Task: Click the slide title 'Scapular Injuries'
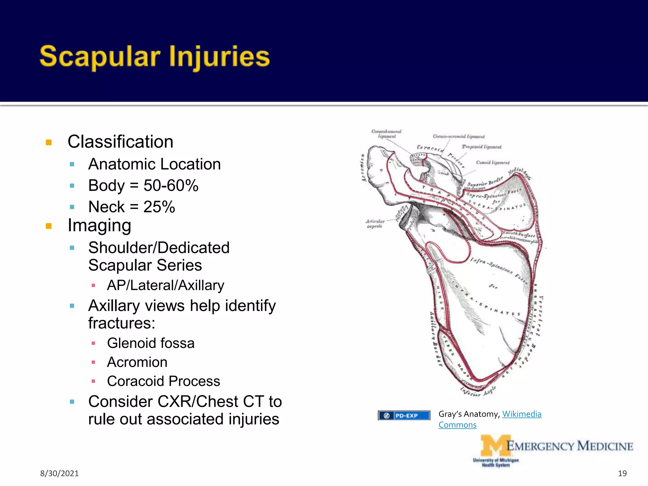[x=154, y=57]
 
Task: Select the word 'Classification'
[x=120, y=141]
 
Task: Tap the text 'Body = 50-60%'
[x=143, y=185]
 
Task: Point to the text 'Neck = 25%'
[x=131, y=207]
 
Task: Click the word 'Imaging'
[x=99, y=226]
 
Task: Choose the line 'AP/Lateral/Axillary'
[x=165, y=285]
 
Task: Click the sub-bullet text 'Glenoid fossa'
[x=151, y=343]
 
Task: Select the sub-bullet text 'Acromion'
[x=137, y=362]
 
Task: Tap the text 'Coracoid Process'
[x=163, y=381]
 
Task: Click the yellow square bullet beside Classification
[x=49, y=142]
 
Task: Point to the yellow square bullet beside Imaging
[x=49, y=226]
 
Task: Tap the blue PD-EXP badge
[x=404, y=415]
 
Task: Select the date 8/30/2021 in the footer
[x=59, y=473]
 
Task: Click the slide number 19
[x=622, y=473]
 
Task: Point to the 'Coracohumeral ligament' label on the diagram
[x=386, y=134]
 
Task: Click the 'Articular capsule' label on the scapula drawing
[x=375, y=224]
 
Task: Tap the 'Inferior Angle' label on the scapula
[x=478, y=392]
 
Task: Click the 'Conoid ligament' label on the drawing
[x=493, y=163]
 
